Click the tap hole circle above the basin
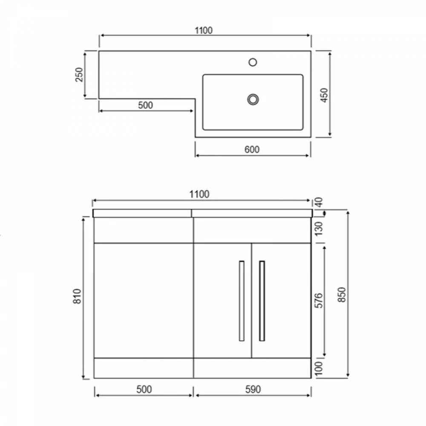(253, 62)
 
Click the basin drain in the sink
(253, 99)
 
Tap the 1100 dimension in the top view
(204, 30)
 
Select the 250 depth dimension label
(79, 75)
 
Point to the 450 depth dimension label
(324, 95)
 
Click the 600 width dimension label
(252, 150)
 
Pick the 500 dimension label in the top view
(145, 105)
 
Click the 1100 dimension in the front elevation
(199, 194)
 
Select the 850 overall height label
(342, 294)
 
